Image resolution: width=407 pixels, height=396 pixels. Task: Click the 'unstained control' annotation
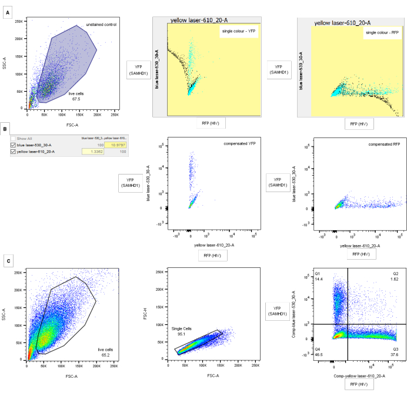pyautogui.click(x=101, y=25)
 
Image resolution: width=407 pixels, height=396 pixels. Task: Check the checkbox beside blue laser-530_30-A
pyautogui.click(x=14, y=145)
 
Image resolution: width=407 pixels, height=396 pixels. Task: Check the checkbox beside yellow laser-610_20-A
pyautogui.click(x=14, y=152)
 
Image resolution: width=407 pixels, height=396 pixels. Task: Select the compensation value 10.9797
pyautogui.click(x=115, y=145)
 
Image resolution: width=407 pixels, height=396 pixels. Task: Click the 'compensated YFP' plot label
pyautogui.click(x=238, y=144)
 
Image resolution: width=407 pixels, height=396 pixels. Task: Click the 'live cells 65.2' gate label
pyautogui.click(x=105, y=352)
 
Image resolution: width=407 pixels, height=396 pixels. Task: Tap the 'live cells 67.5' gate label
pyautogui.click(x=75, y=97)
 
